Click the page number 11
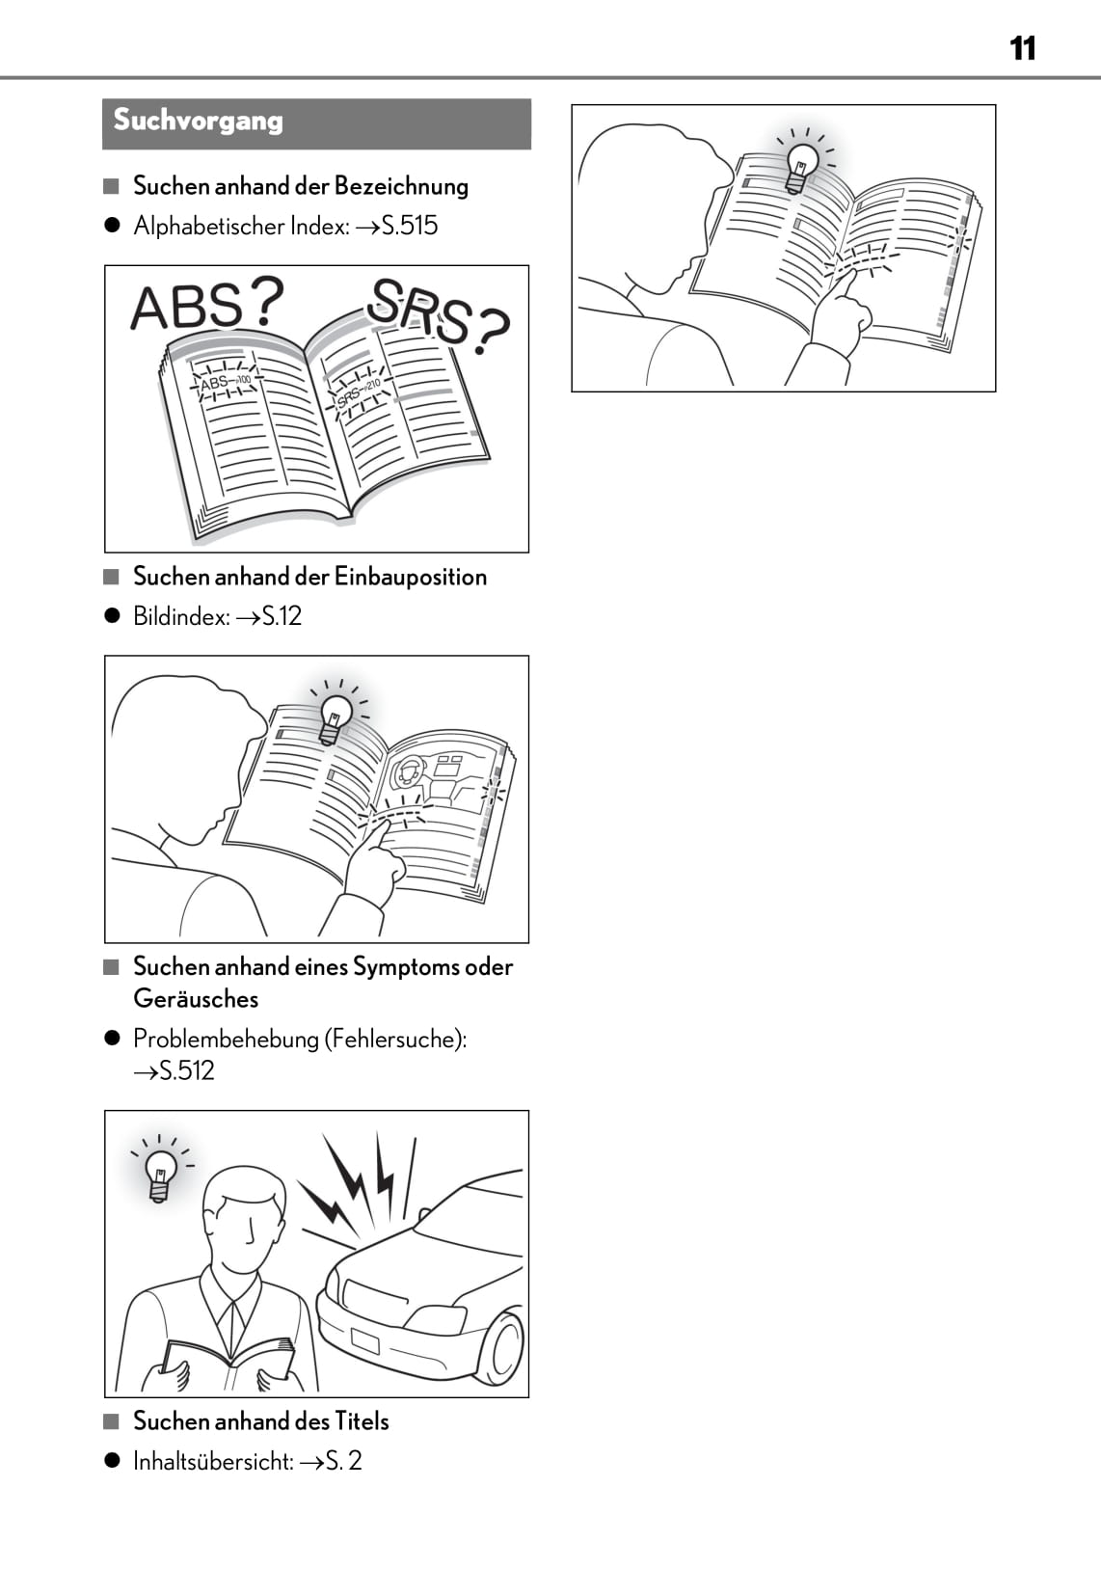1023,48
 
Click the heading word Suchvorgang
198,121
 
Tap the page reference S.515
409,226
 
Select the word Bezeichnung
401,186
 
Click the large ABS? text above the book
207,304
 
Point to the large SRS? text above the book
438,316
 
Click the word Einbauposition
411,577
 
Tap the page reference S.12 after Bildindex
282,616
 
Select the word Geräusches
196,999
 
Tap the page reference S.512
186,1071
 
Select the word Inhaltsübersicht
213,1461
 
